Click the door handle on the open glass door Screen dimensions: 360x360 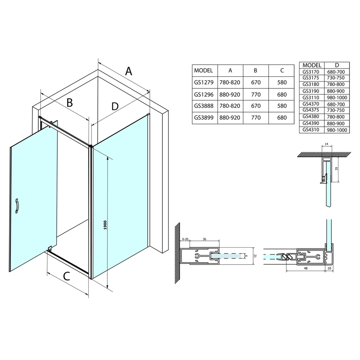point(17,206)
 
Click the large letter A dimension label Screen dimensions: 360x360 point(129,71)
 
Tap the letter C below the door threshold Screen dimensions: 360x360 point(66,276)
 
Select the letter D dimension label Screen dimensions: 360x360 point(115,106)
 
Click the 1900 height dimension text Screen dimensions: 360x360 point(105,225)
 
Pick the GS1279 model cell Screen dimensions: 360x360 point(204,82)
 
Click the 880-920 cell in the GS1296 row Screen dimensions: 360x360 point(230,94)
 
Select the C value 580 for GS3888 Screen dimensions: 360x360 point(282,106)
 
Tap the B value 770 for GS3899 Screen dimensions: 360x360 point(256,118)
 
